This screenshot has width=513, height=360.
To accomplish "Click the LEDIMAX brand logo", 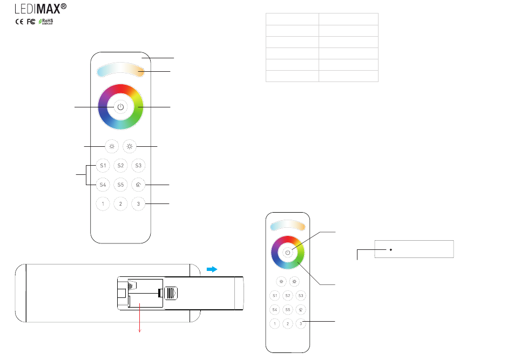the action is (40, 9).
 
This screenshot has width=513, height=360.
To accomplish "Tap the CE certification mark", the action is (19, 22).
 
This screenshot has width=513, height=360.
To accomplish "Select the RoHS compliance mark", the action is (46, 22).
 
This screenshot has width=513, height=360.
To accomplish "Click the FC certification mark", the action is (31, 22).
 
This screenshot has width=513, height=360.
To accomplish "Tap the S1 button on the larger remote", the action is (103, 166).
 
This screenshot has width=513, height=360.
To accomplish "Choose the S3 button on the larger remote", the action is (138, 166).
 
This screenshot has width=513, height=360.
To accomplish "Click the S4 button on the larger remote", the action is (103, 185).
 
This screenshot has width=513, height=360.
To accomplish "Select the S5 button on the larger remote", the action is (120, 185).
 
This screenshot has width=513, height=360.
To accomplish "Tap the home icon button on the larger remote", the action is (138, 185).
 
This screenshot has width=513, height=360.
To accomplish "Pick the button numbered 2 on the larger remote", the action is (120, 203).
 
